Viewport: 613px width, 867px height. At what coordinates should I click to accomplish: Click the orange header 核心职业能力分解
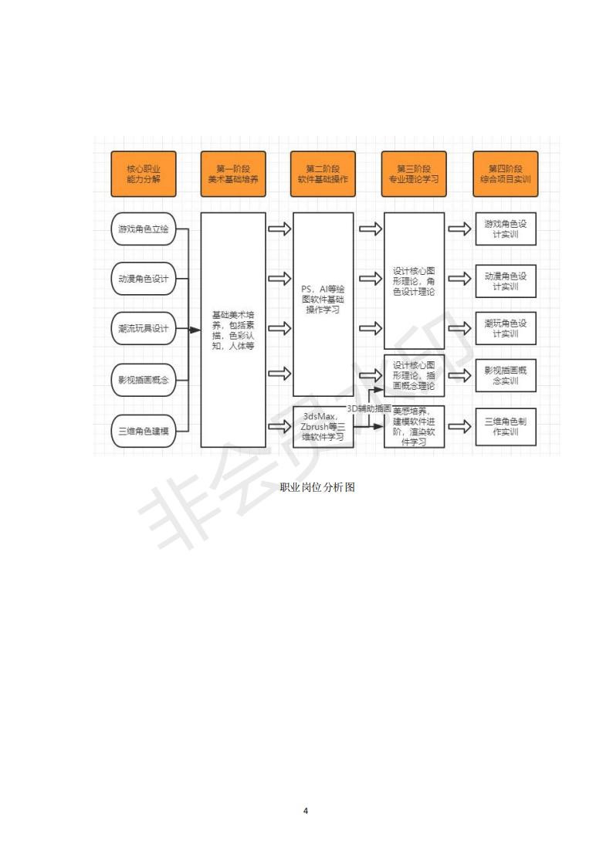coord(143,174)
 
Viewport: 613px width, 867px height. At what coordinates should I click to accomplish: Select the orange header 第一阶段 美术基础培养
coord(232,174)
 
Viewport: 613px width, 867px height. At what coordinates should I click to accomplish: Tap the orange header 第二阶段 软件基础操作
coord(323,174)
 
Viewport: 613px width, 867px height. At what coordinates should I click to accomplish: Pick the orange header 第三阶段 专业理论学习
coord(414,174)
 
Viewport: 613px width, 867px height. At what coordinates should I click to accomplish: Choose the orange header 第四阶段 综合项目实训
coord(505,174)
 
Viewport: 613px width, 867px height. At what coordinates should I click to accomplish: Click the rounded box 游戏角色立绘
coord(144,229)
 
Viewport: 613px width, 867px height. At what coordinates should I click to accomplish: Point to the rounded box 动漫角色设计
coord(144,279)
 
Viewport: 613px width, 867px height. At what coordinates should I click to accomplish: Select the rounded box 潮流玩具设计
coord(144,328)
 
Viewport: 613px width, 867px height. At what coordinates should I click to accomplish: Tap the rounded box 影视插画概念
coord(144,380)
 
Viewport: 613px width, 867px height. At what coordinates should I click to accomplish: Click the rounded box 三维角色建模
coord(144,429)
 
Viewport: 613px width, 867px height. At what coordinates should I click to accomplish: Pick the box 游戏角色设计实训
coord(505,229)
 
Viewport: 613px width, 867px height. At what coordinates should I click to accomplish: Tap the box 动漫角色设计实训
coord(505,280)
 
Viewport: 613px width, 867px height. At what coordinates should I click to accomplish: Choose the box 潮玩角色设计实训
coord(505,328)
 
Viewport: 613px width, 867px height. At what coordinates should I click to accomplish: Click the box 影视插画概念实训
coord(505,375)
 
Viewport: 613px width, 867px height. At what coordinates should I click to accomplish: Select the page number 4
coord(306,811)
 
